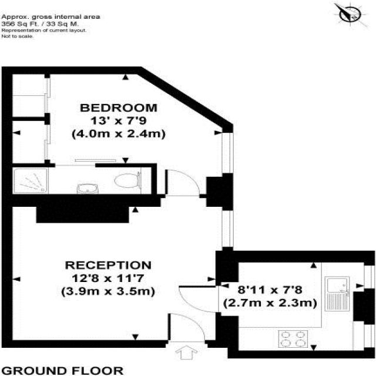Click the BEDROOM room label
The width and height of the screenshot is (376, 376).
[x=119, y=108]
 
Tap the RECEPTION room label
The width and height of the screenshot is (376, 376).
[x=108, y=265]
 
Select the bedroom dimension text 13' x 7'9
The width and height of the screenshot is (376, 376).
[x=118, y=120]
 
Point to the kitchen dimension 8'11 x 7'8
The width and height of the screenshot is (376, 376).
[x=270, y=290]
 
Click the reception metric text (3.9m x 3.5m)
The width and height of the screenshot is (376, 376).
[x=108, y=292]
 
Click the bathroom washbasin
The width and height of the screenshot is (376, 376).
[x=88, y=189]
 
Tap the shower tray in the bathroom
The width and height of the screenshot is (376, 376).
[x=31, y=181]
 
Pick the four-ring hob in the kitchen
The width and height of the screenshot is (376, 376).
[x=293, y=339]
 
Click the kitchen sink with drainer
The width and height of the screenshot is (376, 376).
[x=337, y=294]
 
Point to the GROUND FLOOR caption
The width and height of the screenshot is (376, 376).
[x=62, y=371]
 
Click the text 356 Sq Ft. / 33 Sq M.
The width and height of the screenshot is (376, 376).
[x=40, y=24]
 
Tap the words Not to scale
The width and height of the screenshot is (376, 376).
[x=17, y=36]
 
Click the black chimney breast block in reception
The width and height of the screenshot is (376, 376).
[x=83, y=214]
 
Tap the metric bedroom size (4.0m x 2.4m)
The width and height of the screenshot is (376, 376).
[x=119, y=134]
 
